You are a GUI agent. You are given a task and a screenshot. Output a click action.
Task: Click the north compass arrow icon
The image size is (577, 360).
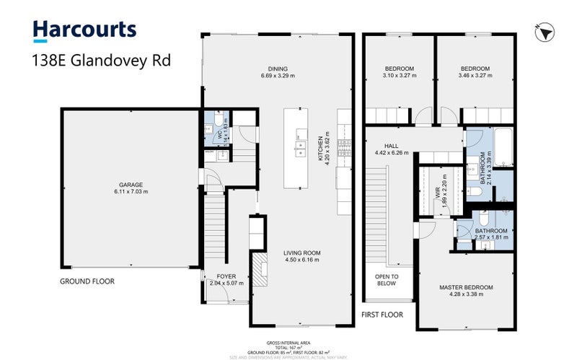pyautogui.click(x=545, y=31)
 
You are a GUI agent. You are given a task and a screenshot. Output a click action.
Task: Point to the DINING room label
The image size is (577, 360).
pyautogui.click(x=278, y=69)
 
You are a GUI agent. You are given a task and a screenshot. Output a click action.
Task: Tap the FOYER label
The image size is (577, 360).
pyautogui.click(x=216, y=276)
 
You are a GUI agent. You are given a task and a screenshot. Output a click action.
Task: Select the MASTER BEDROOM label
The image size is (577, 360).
pyautogui.click(x=466, y=288)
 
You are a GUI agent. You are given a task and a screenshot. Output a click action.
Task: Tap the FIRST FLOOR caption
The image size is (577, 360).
pyautogui.click(x=383, y=315)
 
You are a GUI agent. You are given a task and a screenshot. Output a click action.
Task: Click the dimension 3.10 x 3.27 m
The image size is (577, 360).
pyautogui.click(x=398, y=75)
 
